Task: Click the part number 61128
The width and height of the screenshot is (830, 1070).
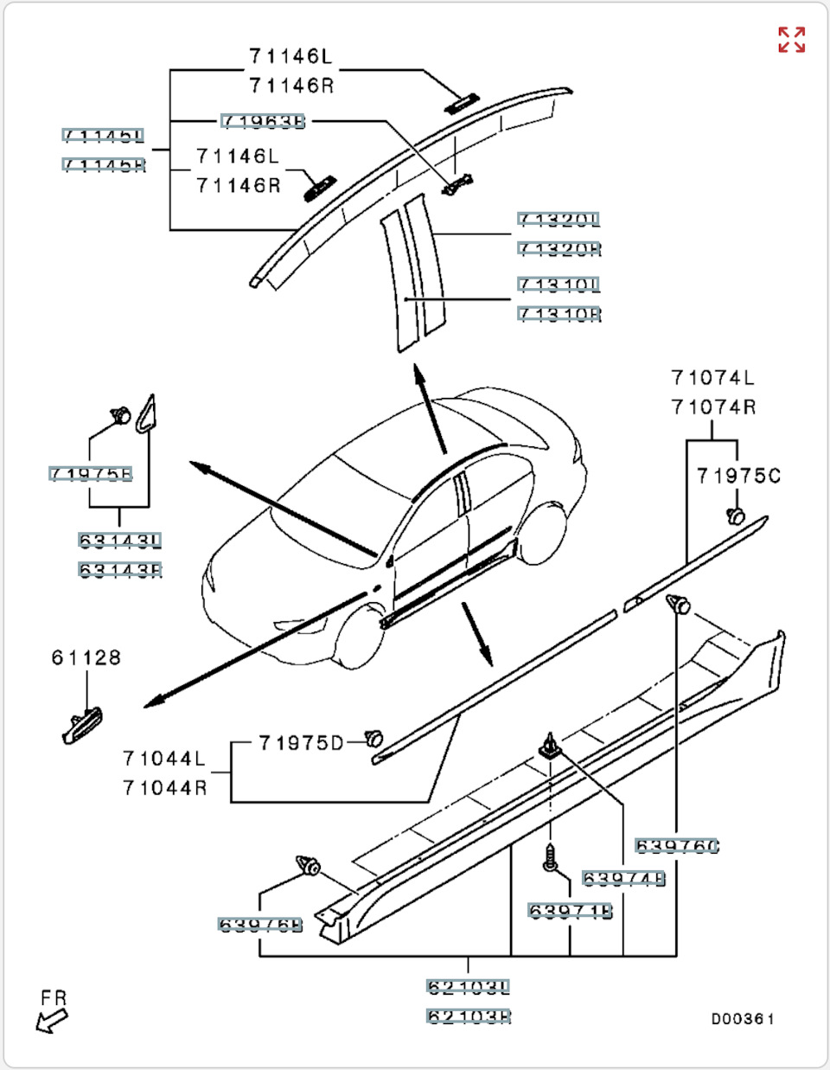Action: tap(86, 658)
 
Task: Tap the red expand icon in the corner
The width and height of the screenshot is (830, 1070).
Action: tap(791, 40)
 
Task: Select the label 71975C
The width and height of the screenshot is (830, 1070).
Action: tap(738, 476)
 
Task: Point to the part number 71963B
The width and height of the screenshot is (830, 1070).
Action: tap(263, 121)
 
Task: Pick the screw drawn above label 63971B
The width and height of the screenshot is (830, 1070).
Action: tap(550, 857)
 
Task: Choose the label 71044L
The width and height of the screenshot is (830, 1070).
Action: tap(164, 759)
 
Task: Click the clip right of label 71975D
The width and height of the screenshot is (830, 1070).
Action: tap(373, 739)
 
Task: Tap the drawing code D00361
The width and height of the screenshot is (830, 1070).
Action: tap(743, 1019)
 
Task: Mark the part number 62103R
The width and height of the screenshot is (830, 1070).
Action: tap(469, 1016)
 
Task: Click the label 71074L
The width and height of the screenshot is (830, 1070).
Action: tap(712, 378)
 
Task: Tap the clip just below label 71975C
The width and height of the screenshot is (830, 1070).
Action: tap(735, 516)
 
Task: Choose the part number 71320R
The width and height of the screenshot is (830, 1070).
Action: tap(559, 249)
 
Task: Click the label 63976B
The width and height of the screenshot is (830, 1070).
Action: tap(260, 925)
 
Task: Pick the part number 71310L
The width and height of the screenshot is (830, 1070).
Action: tap(559, 285)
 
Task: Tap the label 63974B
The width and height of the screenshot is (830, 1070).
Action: tap(623, 879)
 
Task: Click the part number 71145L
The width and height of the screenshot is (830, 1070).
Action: tap(103, 136)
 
